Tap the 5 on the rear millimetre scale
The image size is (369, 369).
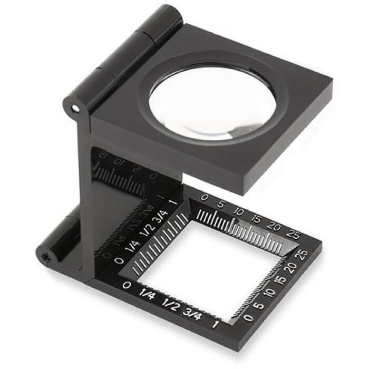pyautogui.click(x=221, y=203)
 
